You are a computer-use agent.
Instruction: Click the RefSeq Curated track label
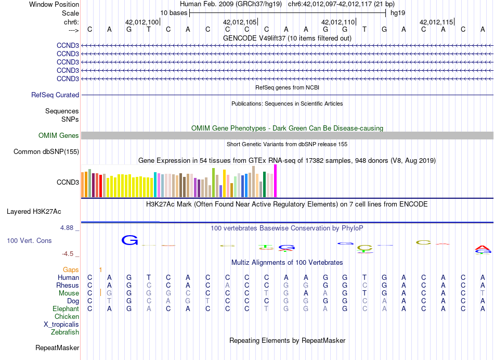[x=55, y=95]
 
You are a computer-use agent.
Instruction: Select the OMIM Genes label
[x=59, y=136]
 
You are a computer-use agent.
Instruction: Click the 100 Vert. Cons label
[x=29, y=241]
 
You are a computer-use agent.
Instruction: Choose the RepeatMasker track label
[x=57, y=348]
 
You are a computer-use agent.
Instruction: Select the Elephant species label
[x=66, y=309]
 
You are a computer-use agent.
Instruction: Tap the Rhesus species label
[x=68, y=286]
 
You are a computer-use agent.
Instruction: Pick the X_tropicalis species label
[x=61, y=324]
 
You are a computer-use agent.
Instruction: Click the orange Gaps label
[x=71, y=269]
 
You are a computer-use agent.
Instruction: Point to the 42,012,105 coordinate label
[x=240, y=22]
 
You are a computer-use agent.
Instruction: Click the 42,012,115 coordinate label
[x=436, y=22]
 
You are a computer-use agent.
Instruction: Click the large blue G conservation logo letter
[x=129, y=240]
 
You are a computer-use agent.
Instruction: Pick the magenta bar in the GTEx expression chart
[x=276, y=181]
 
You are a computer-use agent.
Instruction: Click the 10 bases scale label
[x=174, y=12]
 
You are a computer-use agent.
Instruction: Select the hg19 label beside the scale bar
[x=398, y=12]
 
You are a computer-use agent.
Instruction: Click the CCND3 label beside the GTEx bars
[x=68, y=183]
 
